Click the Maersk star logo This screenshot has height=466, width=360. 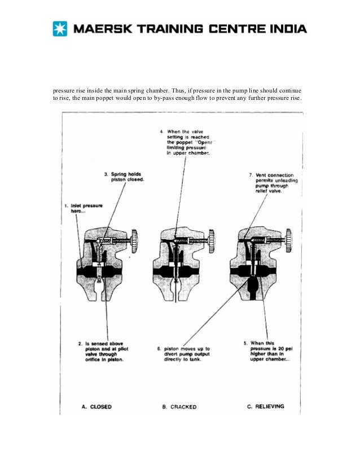[60, 28]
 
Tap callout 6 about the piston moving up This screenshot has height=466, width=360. [183, 354]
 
